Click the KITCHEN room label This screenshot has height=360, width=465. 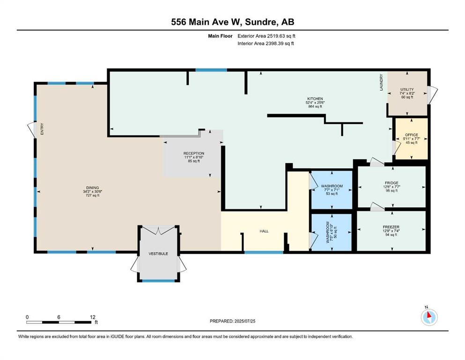click(315, 98)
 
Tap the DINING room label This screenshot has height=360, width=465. click(93, 187)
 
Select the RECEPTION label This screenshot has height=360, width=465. click(194, 153)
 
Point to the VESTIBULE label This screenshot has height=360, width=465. click(158, 254)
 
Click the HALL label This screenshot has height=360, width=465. click(264, 231)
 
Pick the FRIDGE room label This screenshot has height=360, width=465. click(392, 183)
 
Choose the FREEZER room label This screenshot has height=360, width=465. click(391, 227)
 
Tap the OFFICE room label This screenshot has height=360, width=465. click(412, 135)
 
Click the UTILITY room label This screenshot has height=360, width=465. click(407, 90)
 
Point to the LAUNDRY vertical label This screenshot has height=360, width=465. click(381, 82)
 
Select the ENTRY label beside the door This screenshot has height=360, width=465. click(42, 129)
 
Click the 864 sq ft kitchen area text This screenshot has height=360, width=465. click(315, 106)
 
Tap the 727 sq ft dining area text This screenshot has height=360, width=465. click(93, 195)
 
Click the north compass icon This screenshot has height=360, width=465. click(429, 317)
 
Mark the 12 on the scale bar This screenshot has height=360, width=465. click(93, 317)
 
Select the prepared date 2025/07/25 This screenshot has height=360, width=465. click(244, 321)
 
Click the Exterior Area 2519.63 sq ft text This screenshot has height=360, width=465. click(266, 36)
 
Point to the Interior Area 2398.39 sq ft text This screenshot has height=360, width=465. click(266, 43)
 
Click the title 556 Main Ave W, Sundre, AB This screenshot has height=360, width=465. click(232, 22)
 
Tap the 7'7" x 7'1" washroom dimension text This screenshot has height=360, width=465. click(332, 190)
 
